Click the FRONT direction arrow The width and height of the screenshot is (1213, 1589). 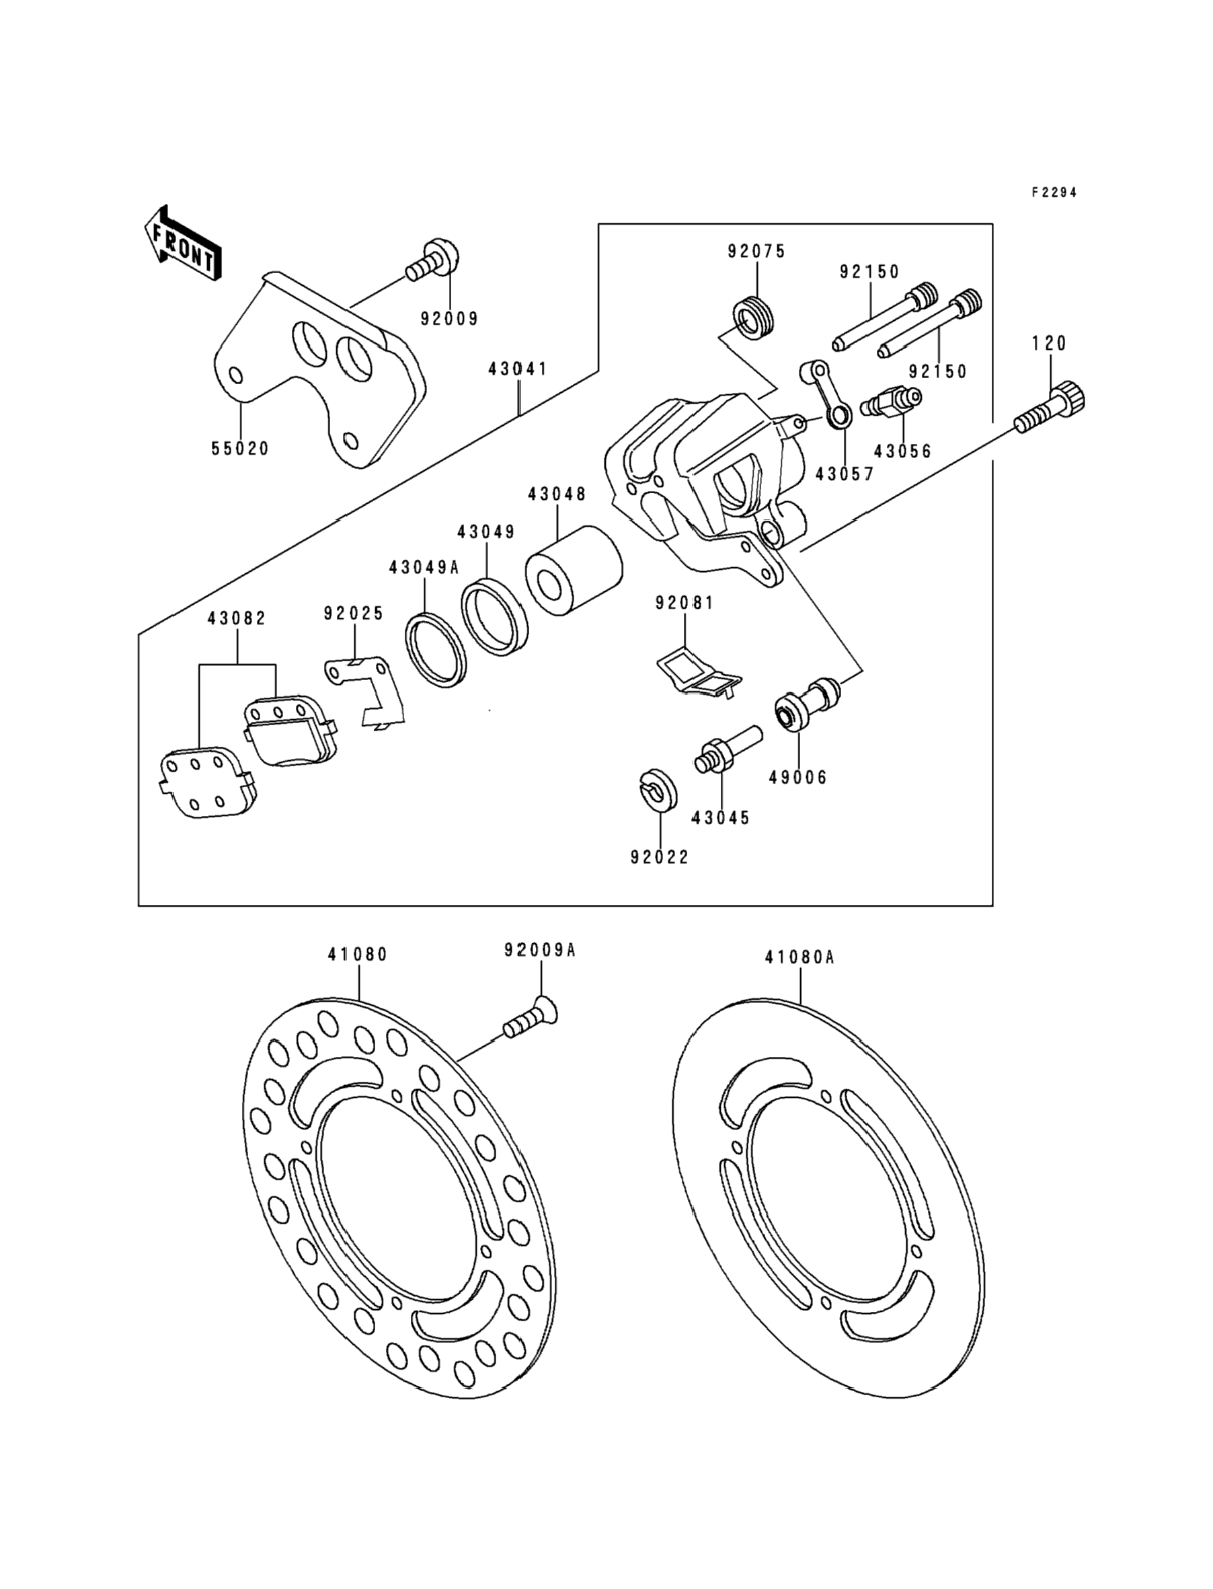pos(183,243)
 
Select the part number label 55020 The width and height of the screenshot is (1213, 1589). pos(240,449)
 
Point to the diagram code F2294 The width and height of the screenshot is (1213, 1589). pos(1054,192)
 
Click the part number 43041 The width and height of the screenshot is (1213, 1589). pos(518,369)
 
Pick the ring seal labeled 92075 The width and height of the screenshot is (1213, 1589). pos(754,318)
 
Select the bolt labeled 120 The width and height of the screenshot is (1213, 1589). pos(1050,408)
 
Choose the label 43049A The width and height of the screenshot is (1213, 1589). pos(424,568)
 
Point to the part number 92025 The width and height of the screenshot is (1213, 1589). pos(354,614)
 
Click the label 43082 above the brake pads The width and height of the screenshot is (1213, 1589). pos(237,618)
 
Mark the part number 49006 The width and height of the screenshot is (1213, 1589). pos(798,778)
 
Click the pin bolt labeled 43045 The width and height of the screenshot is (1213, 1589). pos(728,751)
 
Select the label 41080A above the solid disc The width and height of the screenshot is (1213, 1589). pos(799,958)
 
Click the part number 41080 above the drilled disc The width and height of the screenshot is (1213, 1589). pos(358,954)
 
